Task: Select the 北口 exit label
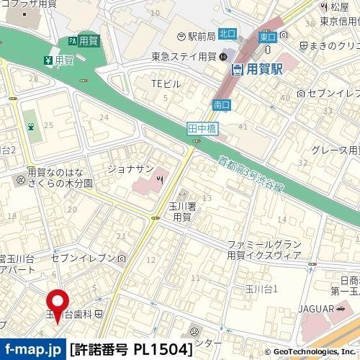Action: [227, 33]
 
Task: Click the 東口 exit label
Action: [267, 36]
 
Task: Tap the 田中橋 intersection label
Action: [202, 128]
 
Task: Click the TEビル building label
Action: [165, 84]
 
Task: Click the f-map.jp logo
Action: [33, 350]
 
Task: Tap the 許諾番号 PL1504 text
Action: [132, 350]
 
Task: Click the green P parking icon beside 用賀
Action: [73, 42]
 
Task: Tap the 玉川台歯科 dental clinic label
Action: [75, 314]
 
